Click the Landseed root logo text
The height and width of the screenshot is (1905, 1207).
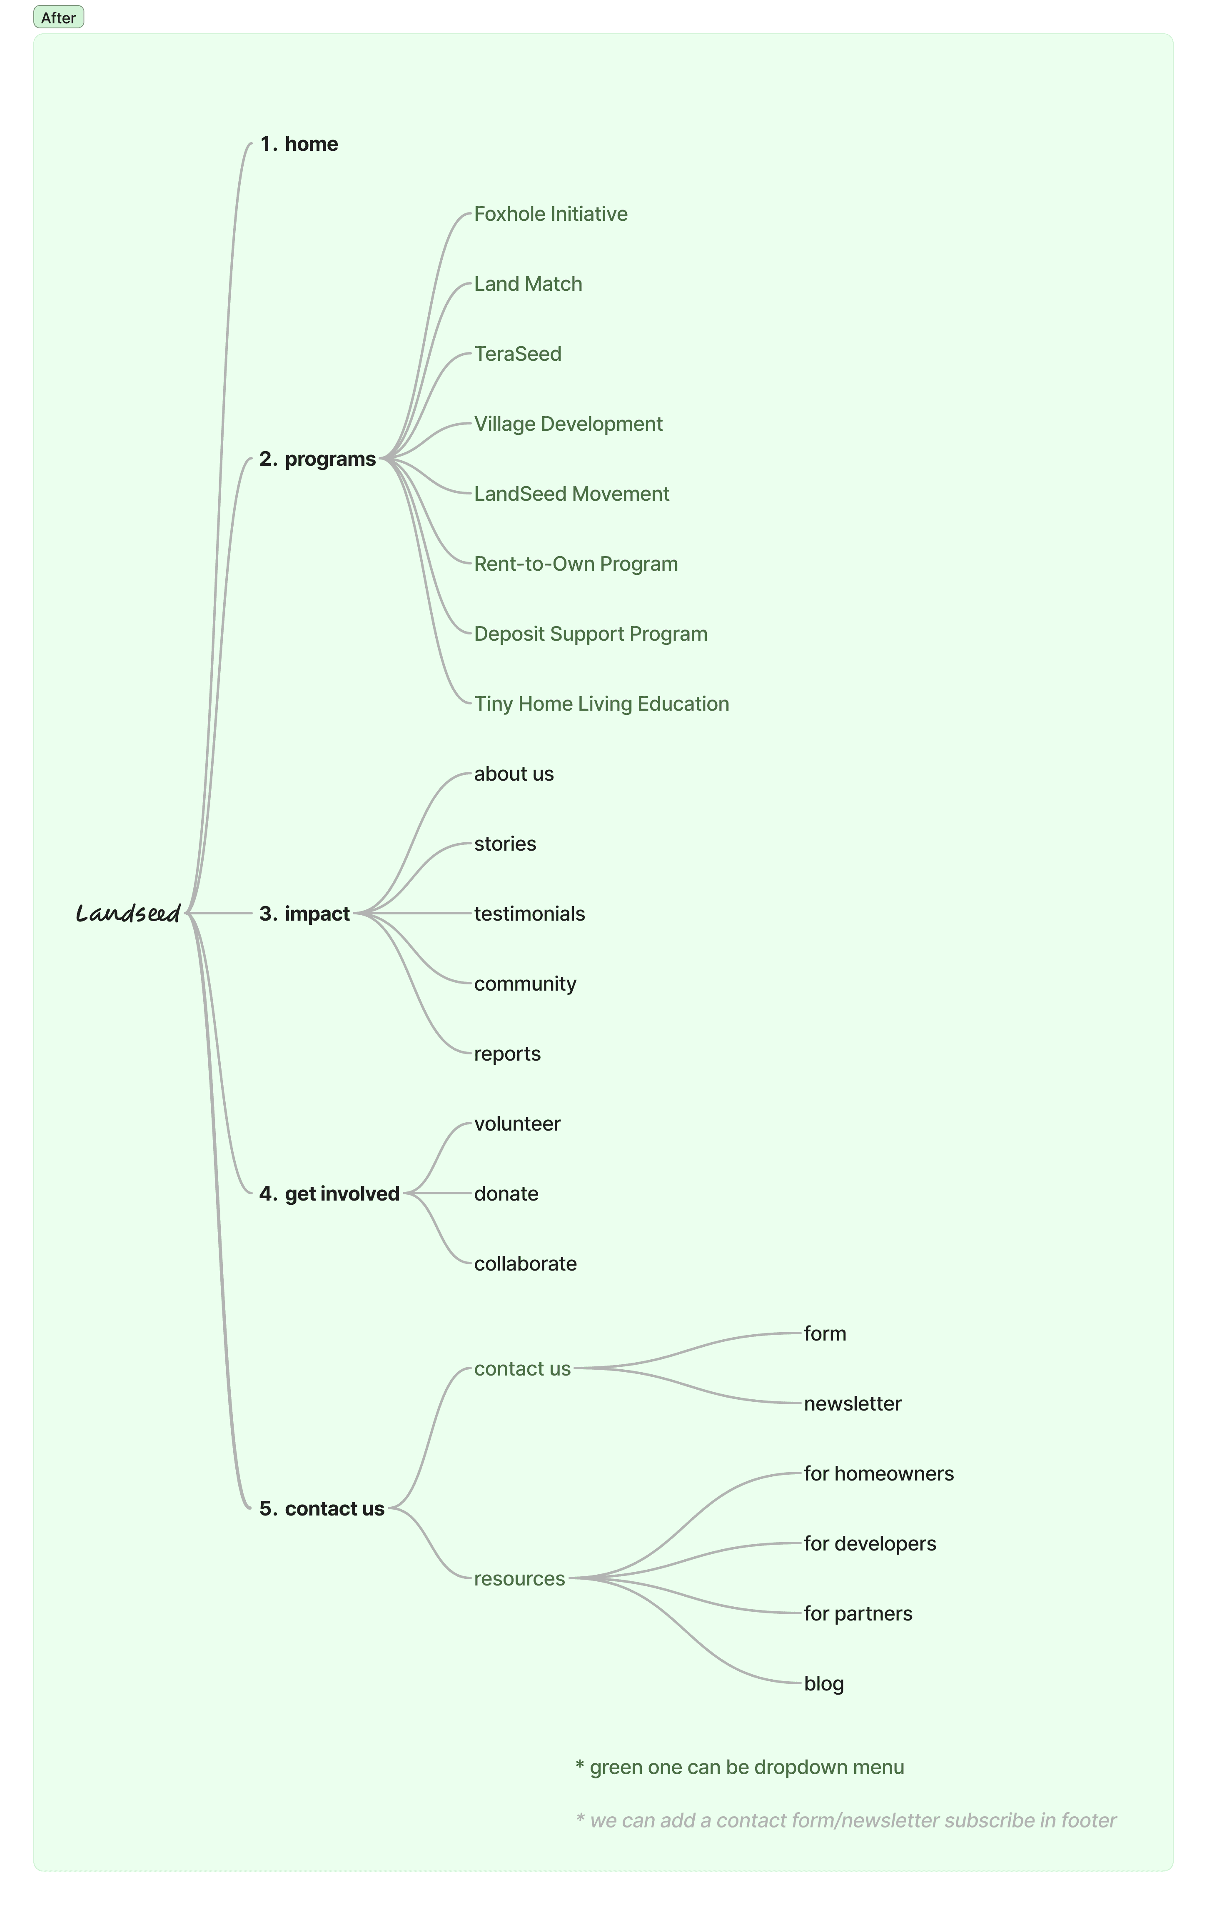pyautogui.click(x=128, y=914)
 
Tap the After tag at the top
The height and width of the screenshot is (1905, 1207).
pyautogui.click(x=59, y=17)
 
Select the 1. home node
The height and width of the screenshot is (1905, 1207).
pyautogui.click(x=299, y=144)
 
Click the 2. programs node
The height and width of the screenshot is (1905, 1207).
pyautogui.click(x=318, y=459)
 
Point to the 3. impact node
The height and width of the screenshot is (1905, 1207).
pyautogui.click(x=304, y=914)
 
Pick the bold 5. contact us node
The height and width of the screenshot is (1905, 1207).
pyautogui.click(x=322, y=1509)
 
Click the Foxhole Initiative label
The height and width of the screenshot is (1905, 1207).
pyautogui.click(x=551, y=215)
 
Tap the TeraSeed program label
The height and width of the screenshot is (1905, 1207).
pyautogui.click(x=518, y=355)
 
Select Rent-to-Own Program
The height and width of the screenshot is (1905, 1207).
pyautogui.click(x=576, y=564)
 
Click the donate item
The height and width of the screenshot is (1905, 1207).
pyautogui.click(x=506, y=1194)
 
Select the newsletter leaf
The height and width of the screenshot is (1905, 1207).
pyautogui.click(x=853, y=1404)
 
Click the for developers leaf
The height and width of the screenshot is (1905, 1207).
pyautogui.click(x=870, y=1544)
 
